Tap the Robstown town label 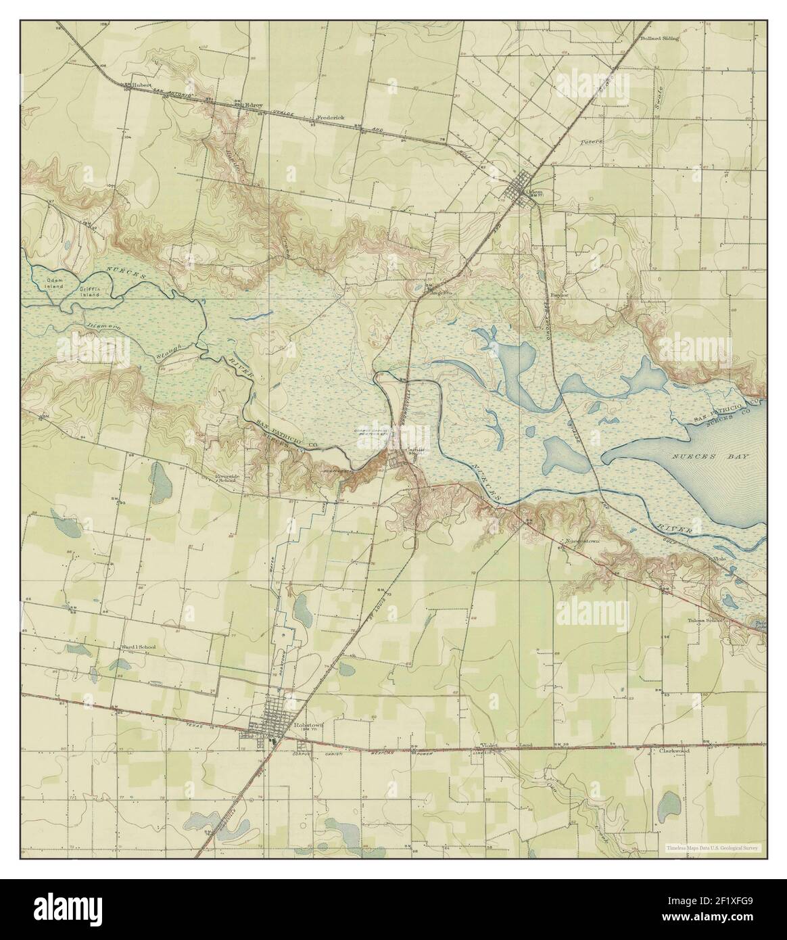pos(309,724)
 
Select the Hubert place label pos(141,85)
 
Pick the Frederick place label pos(329,117)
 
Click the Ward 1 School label pos(138,647)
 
